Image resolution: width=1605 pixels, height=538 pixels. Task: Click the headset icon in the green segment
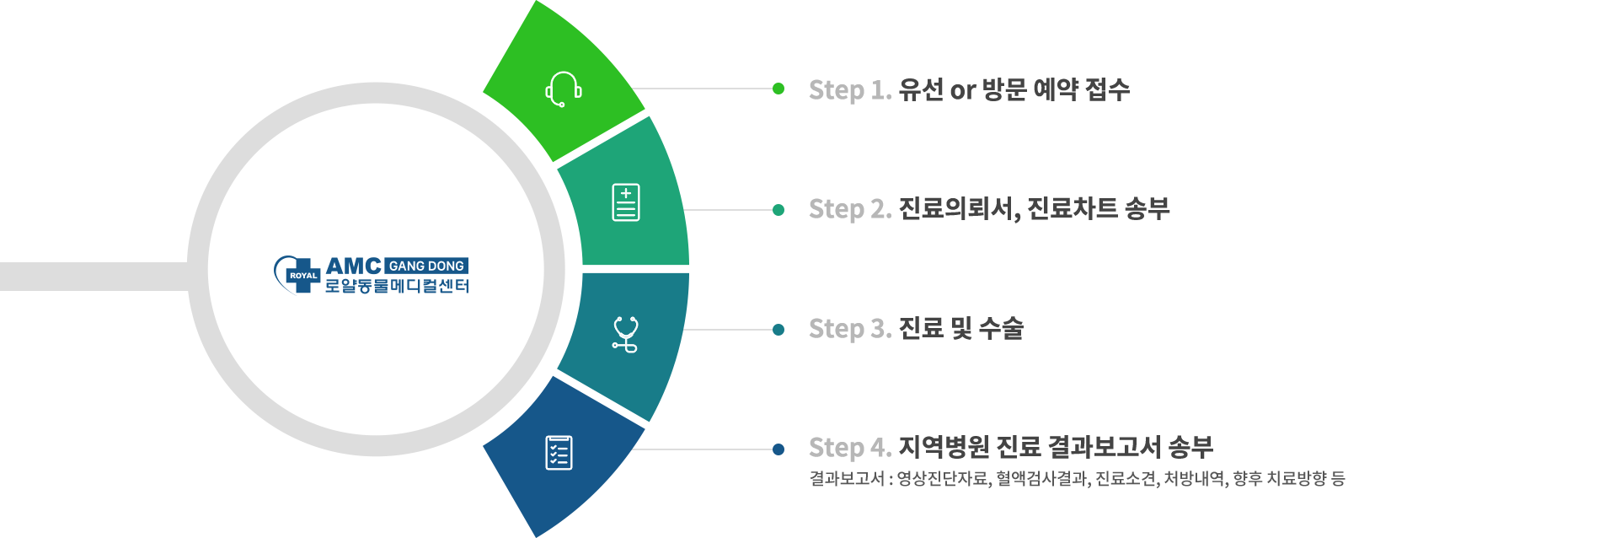pyautogui.click(x=563, y=89)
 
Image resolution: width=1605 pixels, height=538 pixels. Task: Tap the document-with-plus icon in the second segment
pyautogui.click(x=625, y=202)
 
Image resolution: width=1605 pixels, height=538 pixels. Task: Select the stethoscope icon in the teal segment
pyautogui.click(x=625, y=334)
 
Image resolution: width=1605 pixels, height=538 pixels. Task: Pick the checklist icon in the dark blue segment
pyautogui.click(x=559, y=452)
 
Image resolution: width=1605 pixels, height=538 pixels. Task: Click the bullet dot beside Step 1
pyautogui.click(x=778, y=89)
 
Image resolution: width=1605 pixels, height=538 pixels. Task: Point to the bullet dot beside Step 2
pyautogui.click(x=778, y=210)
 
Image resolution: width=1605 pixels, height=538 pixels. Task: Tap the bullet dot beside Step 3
pyautogui.click(x=778, y=330)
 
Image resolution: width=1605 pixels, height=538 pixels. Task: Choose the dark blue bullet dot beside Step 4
pyautogui.click(x=778, y=449)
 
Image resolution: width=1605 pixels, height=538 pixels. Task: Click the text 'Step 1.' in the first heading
pyautogui.click(x=849, y=90)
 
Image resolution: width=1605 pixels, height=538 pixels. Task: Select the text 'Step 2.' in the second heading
pyautogui.click(x=849, y=210)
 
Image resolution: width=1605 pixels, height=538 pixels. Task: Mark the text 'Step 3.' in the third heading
pyautogui.click(x=849, y=330)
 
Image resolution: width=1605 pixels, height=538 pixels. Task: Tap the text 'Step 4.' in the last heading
pyautogui.click(x=849, y=449)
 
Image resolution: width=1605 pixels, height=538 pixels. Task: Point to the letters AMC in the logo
pyautogui.click(x=354, y=266)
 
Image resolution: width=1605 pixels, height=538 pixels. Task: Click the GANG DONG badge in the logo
pyautogui.click(x=426, y=266)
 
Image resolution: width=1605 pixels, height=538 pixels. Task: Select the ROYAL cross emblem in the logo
pyautogui.click(x=301, y=275)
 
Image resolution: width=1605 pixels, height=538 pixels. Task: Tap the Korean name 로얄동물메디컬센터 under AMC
pyautogui.click(x=397, y=287)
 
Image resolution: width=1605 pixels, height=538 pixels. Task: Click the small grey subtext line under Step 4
pyautogui.click(x=1077, y=480)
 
